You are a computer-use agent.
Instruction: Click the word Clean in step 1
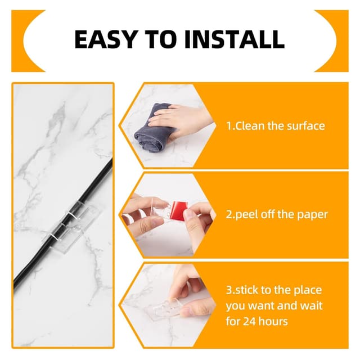pos(249,126)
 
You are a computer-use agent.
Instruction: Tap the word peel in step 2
pos(244,215)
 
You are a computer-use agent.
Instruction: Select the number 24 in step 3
pos(249,321)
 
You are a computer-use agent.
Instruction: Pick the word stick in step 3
pos(246,290)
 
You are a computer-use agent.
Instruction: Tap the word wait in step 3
pos(313,306)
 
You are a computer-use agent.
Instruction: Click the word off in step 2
pos(265,214)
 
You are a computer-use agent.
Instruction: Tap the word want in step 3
pos(262,306)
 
